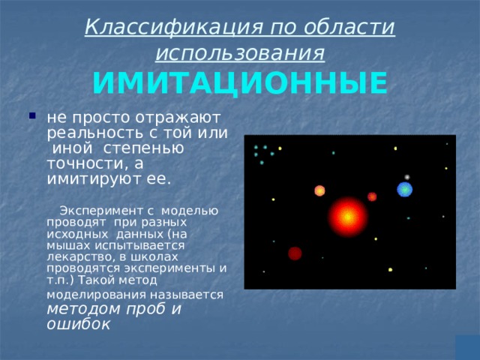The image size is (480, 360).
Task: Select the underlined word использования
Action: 239,53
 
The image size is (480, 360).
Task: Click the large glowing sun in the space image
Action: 348,216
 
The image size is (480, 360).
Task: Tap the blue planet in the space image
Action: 405,190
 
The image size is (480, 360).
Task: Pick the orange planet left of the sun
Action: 319,190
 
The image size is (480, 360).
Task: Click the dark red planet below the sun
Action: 295,253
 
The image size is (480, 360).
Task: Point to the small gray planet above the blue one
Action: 406,177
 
